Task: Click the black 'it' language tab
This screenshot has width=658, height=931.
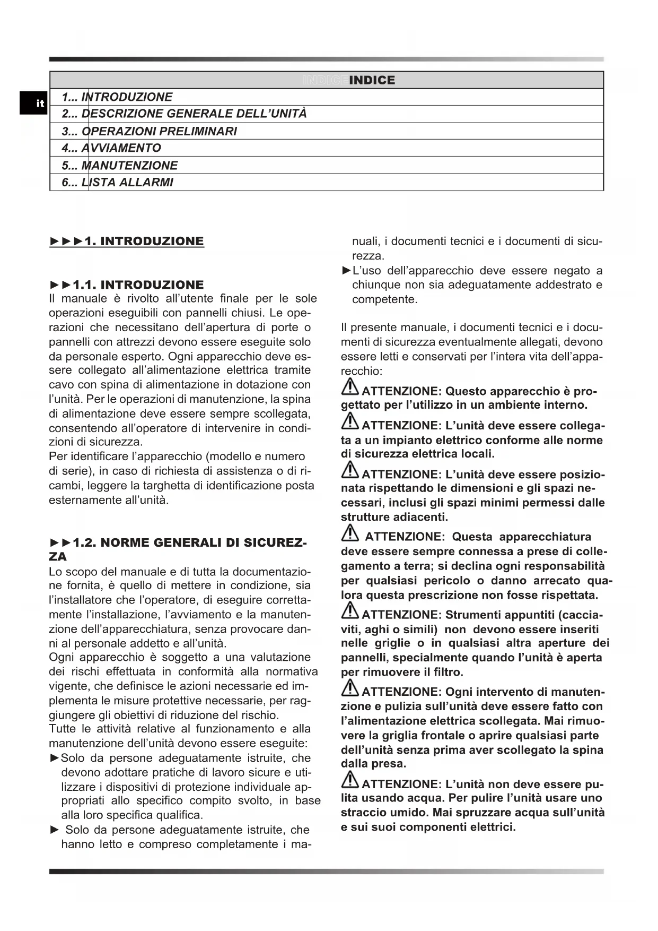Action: (x=34, y=103)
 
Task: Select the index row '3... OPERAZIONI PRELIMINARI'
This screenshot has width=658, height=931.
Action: (x=149, y=131)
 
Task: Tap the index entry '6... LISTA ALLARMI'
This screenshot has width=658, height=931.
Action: (x=117, y=183)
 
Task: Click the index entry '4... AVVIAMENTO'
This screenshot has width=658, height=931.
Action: (x=111, y=148)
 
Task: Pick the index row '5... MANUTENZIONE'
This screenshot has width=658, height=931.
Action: (x=119, y=166)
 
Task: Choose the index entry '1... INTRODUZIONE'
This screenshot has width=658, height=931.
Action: (x=117, y=97)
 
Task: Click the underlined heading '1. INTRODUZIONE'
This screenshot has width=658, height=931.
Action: (x=144, y=242)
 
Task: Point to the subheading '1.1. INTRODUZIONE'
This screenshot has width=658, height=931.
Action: (x=138, y=285)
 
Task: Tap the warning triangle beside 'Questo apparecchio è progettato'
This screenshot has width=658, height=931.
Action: (x=349, y=387)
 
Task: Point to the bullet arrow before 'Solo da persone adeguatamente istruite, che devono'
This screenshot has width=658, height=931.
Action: (x=54, y=758)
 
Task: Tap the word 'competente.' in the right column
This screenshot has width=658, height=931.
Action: (x=384, y=299)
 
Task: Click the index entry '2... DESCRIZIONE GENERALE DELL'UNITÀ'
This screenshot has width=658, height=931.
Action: (x=183, y=114)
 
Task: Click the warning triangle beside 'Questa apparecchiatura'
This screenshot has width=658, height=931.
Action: (x=350, y=533)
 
